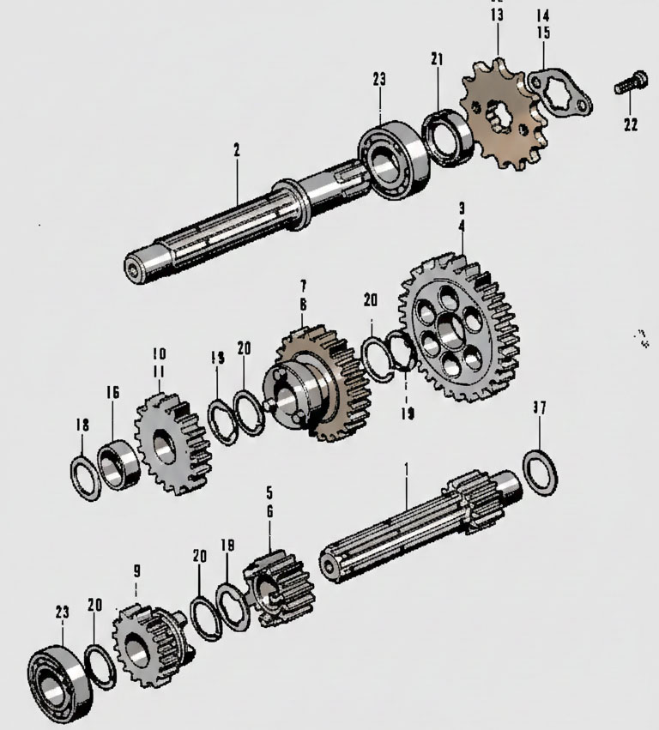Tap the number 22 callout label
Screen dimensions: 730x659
[631, 124]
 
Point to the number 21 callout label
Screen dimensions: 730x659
[438, 58]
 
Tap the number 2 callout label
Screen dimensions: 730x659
[236, 150]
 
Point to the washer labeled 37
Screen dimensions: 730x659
[540, 472]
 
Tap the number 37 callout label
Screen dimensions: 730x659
[539, 408]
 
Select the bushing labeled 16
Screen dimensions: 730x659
[119, 464]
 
